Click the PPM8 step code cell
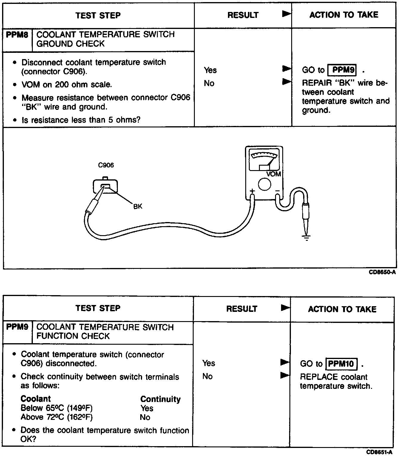point(17,35)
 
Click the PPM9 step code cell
point(17,327)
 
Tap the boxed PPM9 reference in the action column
point(343,70)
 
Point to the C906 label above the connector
point(106,165)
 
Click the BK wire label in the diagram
point(138,206)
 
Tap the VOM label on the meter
point(274,174)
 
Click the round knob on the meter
point(264,184)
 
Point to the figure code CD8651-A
point(380,452)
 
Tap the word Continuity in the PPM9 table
point(160,399)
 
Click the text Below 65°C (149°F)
point(57,408)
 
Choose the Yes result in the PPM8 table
point(210,70)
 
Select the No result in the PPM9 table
point(207,376)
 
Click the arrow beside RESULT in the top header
point(286,14)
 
